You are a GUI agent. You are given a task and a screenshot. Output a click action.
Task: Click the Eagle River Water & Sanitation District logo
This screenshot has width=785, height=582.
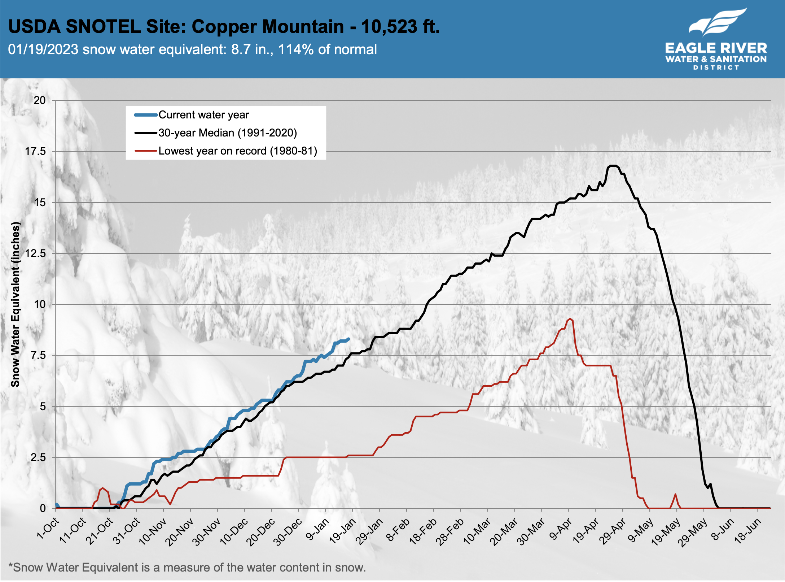[x=716, y=40]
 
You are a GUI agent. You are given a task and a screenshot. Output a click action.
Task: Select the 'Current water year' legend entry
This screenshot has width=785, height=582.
[x=203, y=115]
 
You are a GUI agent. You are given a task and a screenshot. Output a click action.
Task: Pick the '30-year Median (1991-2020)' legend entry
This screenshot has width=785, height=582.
[x=227, y=133]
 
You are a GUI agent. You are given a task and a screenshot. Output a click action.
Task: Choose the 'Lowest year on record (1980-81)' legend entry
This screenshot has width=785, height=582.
[x=237, y=151]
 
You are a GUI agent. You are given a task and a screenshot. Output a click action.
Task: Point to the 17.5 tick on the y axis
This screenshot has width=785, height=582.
[x=35, y=151]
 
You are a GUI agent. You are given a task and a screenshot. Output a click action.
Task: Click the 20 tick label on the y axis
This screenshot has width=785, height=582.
[x=40, y=100]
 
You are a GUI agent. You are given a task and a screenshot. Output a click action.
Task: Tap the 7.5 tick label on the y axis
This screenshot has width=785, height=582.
[x=38, y=355]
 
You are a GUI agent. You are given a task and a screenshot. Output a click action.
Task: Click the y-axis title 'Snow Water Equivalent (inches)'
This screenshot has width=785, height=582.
[x=15, y=304]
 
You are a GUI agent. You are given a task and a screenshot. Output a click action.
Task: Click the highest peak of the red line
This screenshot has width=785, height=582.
[x=570, y=319]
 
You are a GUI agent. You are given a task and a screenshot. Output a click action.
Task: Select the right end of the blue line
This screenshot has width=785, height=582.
[x=348, y=339]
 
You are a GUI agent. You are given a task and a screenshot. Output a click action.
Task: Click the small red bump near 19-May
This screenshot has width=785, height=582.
[x=675, y=494]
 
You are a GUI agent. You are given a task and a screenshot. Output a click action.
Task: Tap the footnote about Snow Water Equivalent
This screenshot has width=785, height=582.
[x=187, y=568]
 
